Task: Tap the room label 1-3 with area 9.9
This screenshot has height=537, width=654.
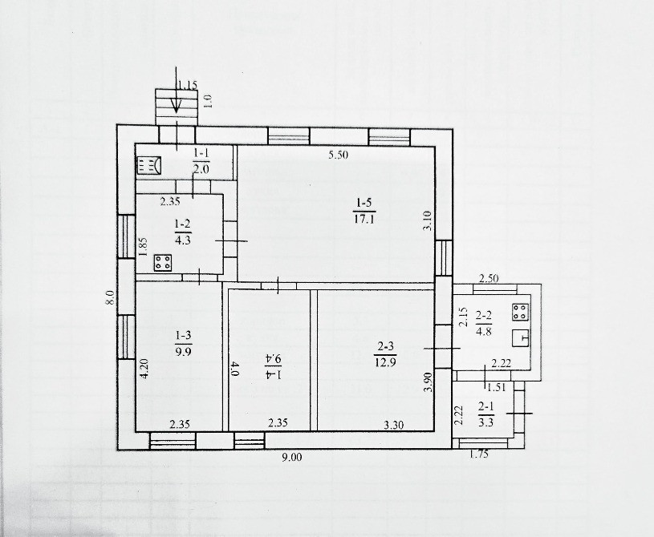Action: click(184, 343)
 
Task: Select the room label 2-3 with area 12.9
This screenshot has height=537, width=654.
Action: click(386, 353)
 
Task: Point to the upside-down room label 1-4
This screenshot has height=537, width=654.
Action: click(273, 366)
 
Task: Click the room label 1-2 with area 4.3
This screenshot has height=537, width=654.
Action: click(183, 232)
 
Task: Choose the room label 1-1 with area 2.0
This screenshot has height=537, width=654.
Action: click(201, 161)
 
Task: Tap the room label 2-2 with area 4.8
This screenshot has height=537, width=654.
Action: click(483, 324)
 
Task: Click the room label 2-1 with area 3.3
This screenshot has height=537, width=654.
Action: click(486, 414)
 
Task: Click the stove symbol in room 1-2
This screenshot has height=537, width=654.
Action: click(163, 262)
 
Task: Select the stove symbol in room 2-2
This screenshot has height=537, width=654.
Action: click(521, 312)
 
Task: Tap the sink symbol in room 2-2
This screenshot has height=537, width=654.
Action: click(521, 338)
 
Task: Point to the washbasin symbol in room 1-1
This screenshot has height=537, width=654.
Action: click(148, 166)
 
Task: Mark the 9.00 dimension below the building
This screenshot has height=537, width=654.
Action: click(291, 458)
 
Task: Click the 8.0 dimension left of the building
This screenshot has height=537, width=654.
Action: click(110, 297)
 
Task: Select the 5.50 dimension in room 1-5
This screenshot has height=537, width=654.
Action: click(338, 155)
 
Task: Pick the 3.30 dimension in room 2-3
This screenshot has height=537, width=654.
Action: click(394, 426)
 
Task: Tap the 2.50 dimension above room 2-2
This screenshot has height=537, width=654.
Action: click(489, 278)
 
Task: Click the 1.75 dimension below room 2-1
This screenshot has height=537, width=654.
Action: click(479, 454)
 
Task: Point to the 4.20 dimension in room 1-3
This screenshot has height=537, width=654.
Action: click(143, 368)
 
